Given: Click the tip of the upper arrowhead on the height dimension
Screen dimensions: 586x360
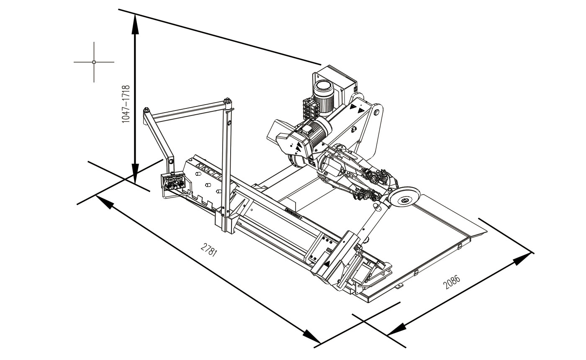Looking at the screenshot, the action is tap(135, 14).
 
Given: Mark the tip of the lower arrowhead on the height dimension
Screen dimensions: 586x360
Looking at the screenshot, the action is tap(135, 183).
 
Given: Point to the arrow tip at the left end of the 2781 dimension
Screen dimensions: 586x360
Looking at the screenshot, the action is tap(96, 195).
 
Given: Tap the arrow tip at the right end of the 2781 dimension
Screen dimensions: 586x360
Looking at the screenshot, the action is tap(320, 343).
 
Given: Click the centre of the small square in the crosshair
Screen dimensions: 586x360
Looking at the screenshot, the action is tap(94, 62).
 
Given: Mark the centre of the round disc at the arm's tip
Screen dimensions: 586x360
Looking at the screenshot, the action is tap(404, 201).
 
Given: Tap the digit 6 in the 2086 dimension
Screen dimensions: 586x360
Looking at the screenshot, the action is tap(456, 279).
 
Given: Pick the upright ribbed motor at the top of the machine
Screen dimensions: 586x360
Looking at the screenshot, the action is tap(324, 97).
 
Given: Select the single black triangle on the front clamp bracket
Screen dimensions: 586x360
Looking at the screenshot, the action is tap(327, 263).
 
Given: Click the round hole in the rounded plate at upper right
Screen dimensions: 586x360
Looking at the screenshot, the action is tap(376, 113).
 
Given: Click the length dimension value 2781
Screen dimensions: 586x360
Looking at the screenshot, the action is tap(209, 250).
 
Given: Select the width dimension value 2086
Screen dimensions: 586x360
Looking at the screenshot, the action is tap(451, 282).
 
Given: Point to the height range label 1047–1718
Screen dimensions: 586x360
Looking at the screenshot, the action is tap(126, 104).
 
